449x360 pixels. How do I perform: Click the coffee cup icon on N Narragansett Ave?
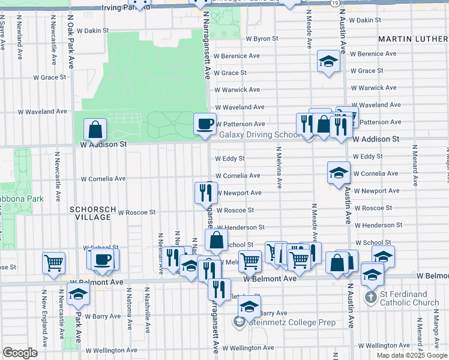[205, 124]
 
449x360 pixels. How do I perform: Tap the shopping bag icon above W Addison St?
[95, 128]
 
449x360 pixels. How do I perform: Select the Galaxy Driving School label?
[259, 135]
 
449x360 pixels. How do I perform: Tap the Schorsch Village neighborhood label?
[90, 213]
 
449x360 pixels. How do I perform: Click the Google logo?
[20, 353]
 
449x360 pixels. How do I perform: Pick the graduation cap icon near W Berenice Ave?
[328, 61]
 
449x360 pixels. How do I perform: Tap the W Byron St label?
[262, 38]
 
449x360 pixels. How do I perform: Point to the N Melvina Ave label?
[280, 170]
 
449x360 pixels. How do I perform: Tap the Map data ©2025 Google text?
[411, 355]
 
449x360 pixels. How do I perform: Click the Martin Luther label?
[413, 39]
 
